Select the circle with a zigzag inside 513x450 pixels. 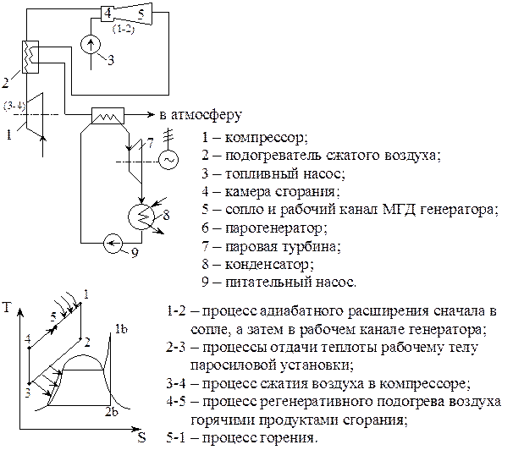[x=140, y=217]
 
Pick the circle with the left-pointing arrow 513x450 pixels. [x=113, y=245]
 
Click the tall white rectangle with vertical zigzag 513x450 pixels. [x=30, y=58]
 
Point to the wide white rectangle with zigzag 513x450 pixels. [x=108, y=117]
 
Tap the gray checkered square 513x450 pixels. [x=31, y=392]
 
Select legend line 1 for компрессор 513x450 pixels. [x=254, y=139]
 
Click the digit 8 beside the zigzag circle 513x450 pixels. [x=167, y=216]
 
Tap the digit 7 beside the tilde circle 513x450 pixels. [x=151, y=143]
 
